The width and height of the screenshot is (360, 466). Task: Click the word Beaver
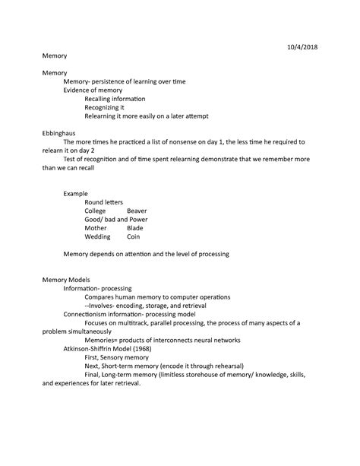(x=137, y=210)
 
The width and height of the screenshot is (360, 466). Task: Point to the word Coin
(x=133, y=236)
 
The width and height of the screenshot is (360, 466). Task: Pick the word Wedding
(x=98, y=236)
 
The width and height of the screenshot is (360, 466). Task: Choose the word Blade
(x=134, y=227)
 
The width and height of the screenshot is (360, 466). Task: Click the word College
(x=96, y=210)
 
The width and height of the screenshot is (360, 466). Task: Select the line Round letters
(x=104, y=201)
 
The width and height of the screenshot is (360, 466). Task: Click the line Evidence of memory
(x=93, y=90)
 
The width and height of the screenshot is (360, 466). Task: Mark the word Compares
(x=102, y=296)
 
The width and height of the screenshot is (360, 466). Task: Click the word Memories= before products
(x=104, y=340)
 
